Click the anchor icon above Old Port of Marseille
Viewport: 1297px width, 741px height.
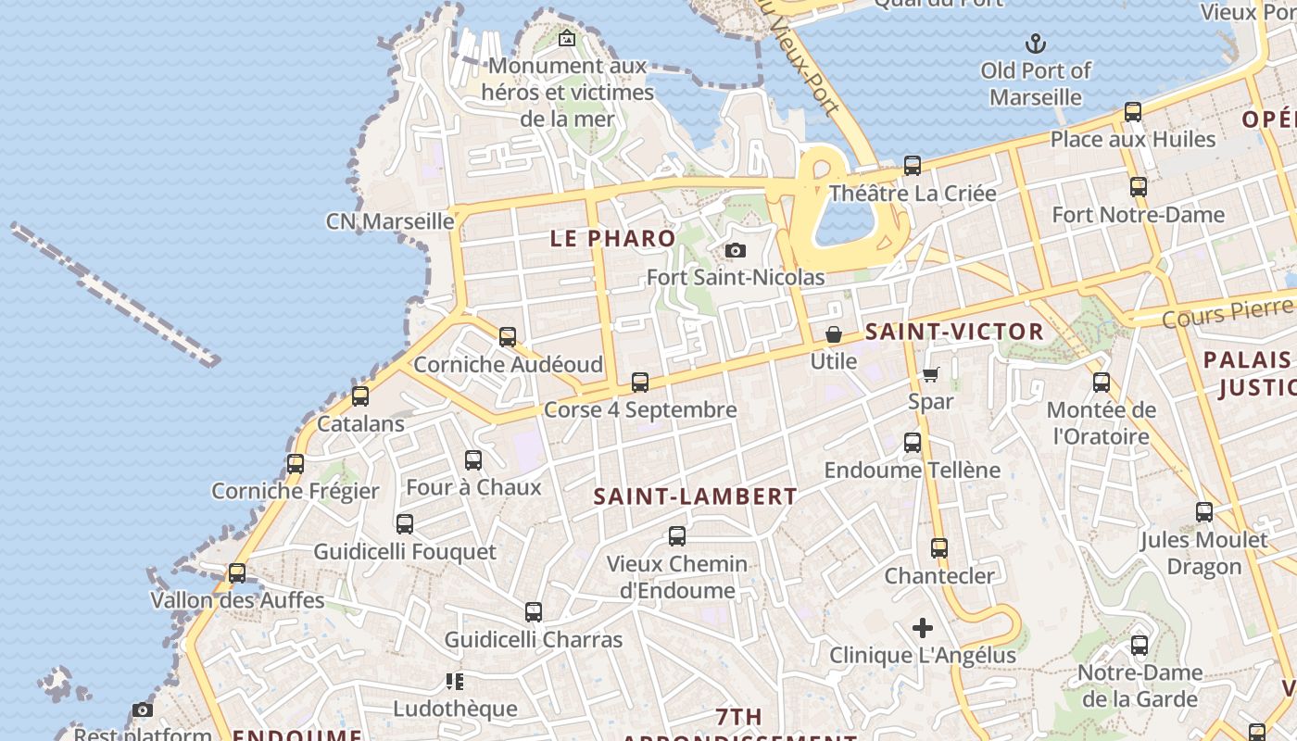(1035, 43)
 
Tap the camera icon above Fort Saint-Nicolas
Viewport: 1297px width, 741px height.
(736, 250)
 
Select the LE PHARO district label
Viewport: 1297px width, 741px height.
(613, 238)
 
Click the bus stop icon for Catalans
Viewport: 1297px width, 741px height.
(360, 396)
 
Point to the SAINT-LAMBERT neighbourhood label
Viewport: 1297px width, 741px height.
(695, 496)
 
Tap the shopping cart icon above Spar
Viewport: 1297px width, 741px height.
(930, 374)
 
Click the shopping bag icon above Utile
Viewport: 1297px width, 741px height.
(834, 334)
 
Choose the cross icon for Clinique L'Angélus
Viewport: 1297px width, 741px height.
(923, 628)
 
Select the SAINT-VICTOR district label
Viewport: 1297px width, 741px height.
(954, 332)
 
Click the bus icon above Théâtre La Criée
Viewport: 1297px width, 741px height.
(913, 166)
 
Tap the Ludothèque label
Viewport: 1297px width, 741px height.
(455, 709)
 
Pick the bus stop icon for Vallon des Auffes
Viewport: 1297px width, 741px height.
(237, 573)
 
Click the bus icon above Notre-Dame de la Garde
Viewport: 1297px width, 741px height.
(1140, 646)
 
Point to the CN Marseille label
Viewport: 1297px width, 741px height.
(390, 221)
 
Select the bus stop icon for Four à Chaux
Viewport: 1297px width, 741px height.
(473, 459)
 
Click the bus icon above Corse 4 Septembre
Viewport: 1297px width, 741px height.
(640, 382)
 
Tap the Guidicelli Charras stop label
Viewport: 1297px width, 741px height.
(534, 640)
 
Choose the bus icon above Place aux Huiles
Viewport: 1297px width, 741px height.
(1132, 112)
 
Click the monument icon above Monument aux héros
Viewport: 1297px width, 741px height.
(567, 39)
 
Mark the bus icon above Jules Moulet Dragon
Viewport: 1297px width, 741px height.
(1204, 512)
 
